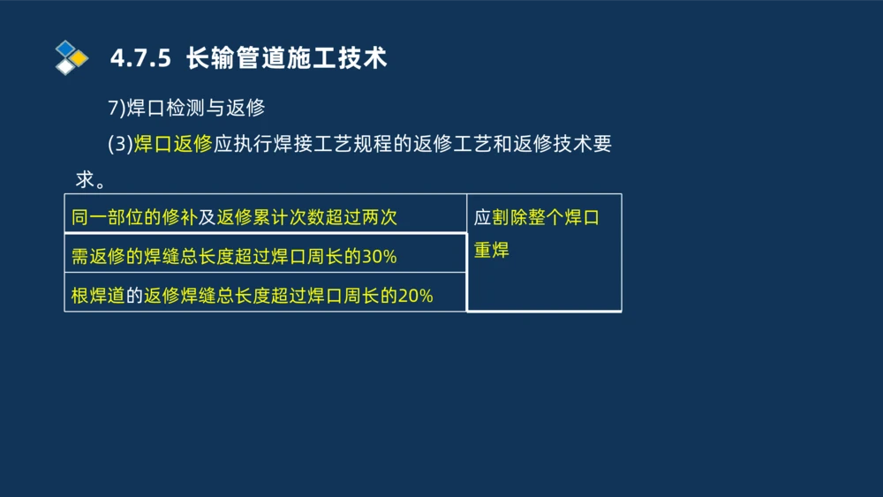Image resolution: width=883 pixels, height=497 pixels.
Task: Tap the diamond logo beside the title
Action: [72, 57]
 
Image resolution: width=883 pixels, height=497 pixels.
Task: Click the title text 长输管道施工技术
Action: [287, 59]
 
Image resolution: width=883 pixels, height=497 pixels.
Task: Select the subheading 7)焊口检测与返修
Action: [186, 109]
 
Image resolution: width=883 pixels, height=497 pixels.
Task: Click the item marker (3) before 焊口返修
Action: [120, 145]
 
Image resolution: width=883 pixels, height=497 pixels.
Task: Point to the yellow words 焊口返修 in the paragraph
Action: [173, 145]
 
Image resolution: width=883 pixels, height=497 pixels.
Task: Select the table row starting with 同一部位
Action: [265, 217]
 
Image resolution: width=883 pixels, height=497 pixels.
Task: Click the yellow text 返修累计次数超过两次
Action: [307, 217]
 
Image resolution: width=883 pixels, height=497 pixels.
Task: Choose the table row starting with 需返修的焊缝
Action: [265, 257]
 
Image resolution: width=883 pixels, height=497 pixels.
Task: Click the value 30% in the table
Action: [380, 258]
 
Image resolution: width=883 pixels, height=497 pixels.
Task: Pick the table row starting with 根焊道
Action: [265, 296]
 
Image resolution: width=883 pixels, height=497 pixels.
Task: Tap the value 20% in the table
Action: [416, 297]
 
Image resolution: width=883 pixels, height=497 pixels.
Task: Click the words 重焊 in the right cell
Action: [492, 250]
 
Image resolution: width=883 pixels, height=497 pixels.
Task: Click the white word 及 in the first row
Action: [207, 217]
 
